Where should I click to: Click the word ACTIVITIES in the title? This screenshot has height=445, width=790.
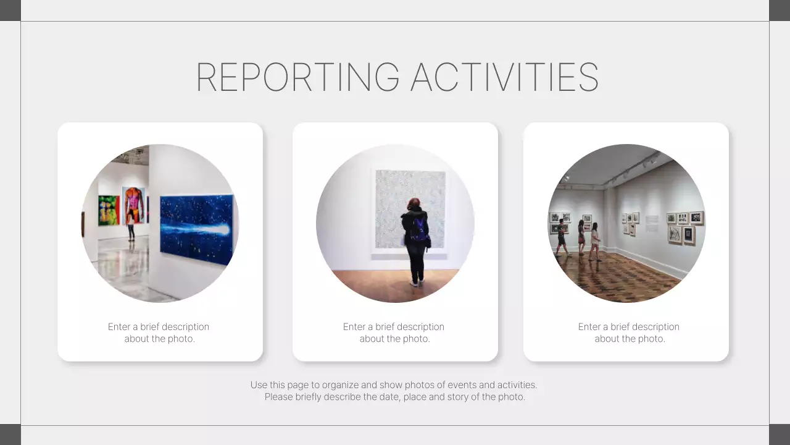504,77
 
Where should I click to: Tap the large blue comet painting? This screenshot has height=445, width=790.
196,229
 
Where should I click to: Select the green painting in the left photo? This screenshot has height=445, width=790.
109,210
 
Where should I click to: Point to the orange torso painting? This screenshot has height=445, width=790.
133,205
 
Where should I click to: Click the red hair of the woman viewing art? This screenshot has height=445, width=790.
414,203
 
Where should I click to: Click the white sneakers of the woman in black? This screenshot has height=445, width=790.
417,283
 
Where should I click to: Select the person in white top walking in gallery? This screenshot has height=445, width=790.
595,241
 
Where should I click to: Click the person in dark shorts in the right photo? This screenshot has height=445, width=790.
561,237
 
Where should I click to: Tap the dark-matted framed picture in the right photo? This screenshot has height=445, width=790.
688,235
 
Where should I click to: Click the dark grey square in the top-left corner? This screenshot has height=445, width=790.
10,10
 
